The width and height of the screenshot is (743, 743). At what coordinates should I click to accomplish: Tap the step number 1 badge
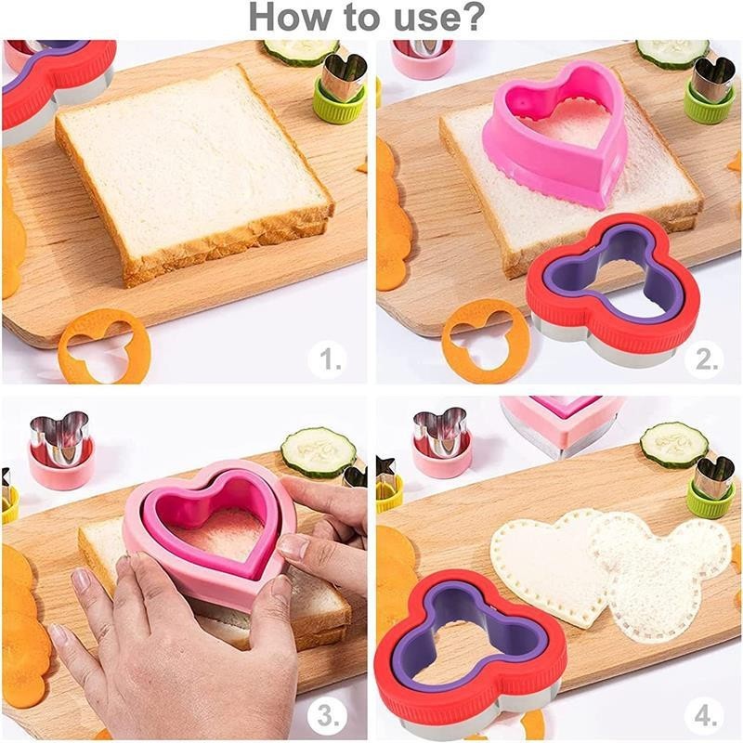(x=328, y=359)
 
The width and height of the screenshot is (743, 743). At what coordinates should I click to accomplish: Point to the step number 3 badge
(x=328, y=716)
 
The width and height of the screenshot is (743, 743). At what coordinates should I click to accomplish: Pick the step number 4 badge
(x=706, y=716)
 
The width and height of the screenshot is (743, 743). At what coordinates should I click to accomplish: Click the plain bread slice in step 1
(x=192, y=176)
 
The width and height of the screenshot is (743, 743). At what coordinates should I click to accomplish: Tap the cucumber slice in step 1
(x=301, y=51)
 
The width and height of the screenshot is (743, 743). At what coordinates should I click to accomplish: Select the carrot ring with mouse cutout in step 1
(x=104, y=346)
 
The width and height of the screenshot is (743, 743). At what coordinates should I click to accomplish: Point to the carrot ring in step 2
(x=486, y=340)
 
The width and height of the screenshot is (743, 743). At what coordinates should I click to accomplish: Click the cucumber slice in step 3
(x=319, y=452)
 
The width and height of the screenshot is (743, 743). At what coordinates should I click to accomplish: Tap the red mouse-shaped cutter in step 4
(x=469, y=654)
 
